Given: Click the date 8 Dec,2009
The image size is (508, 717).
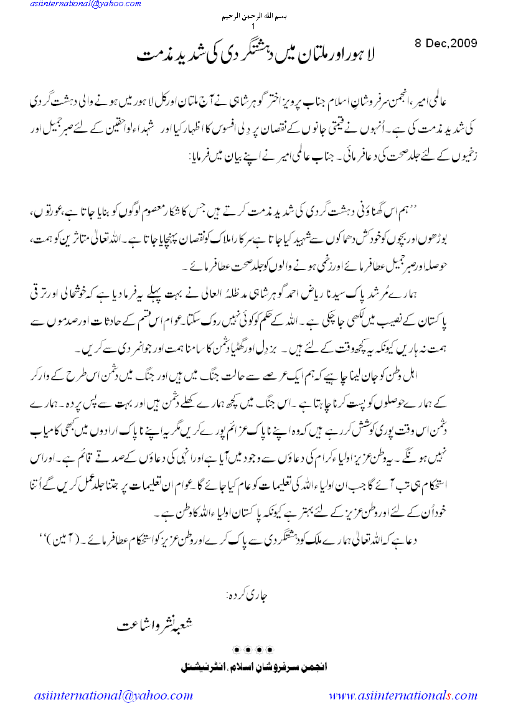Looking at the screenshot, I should pos(446,43).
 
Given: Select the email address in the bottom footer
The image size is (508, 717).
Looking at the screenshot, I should pos(113,695).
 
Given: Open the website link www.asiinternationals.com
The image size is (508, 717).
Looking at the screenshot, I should pos(403,695).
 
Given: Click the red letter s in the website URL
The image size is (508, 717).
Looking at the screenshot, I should pos(448,695).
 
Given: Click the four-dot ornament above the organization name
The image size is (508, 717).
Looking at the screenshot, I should pos(253,650).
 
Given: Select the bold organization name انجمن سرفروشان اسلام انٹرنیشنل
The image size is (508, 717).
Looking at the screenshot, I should pos(253,666).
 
